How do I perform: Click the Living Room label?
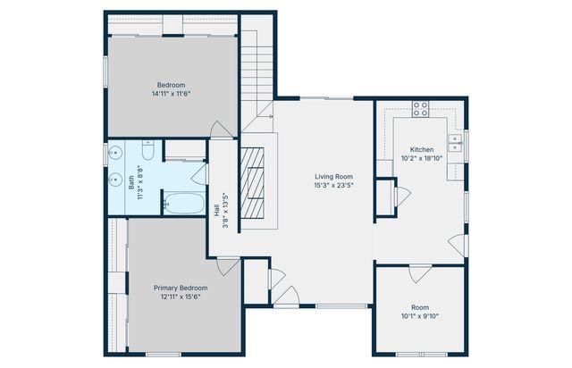[x=333, y=177]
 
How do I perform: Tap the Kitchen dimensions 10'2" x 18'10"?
[x=422, y=158]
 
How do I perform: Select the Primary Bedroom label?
[x=181, y=288]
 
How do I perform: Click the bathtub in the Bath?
[x=184, y=203]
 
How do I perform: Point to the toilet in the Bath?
[x=147, y=150]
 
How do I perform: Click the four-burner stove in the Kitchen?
[x=420, y=109]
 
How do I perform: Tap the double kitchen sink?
[x=455, y=143]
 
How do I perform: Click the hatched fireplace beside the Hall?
[x=252, y=182]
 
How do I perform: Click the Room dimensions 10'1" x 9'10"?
[x=420, y=316]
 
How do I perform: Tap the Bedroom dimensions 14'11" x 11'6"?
[x=171, y=94]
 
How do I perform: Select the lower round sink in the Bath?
[x=115, y=179]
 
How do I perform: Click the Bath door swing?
[x=199, y=174]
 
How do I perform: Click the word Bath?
[x=131, y=183]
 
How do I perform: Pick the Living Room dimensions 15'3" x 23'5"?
[x=333, y=185]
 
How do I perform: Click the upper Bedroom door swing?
[x=221, y=130]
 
